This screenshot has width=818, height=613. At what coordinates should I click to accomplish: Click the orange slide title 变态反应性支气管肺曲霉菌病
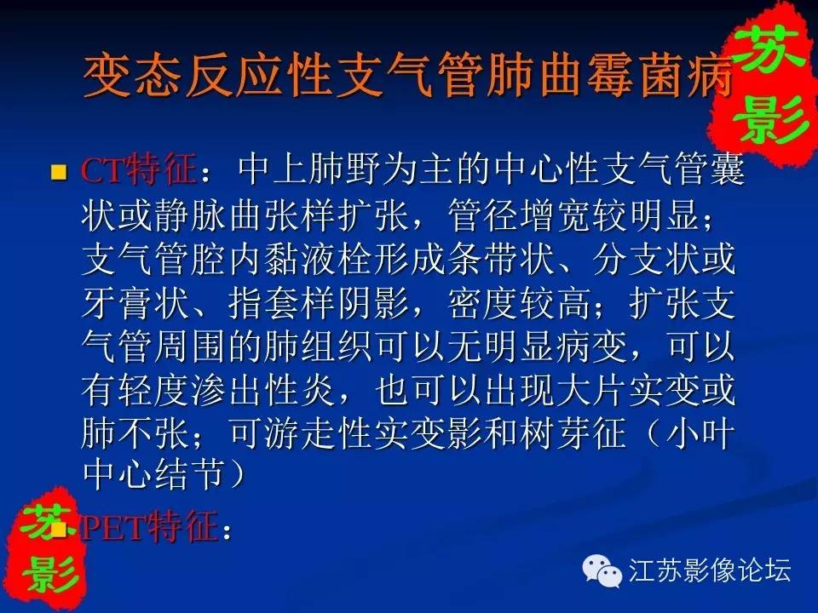[x=408, y=77]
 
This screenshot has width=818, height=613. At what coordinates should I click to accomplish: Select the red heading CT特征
[x=138, y=170]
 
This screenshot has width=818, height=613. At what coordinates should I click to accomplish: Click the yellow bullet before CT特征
[x=59, y=172]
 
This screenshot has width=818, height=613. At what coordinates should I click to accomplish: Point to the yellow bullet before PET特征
[x=59, y=529]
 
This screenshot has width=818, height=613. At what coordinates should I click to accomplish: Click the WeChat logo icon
[x=602, y=570]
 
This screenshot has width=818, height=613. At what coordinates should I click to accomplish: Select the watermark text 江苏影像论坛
[x=710, y=570]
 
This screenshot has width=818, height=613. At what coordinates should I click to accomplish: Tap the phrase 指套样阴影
[x=318, y=303]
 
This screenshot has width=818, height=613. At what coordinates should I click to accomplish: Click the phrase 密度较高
[x=519, y=303]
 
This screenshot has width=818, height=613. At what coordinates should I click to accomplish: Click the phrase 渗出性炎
[x=263, y=390]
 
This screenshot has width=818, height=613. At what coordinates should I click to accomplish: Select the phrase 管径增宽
[x=519, y=215]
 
